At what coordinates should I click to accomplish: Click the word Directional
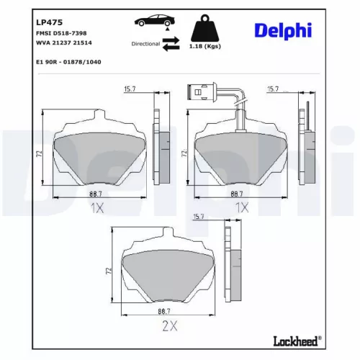[x=147, y=44]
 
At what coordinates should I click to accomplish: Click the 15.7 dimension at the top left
[x=130, y=89]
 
